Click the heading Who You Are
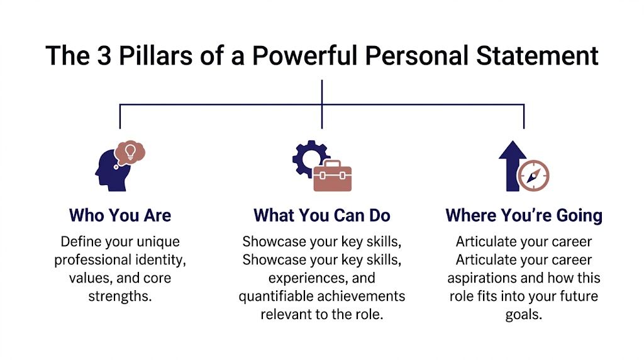pyautogui.click(x=119, y=215)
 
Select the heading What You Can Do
pyautogui.click(x=321, y=215)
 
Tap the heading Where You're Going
pyautogui.click(x=523, y=215)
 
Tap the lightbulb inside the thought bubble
pyautogui.click(x=131, y=151)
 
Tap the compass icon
pyautogui.click(x=534, y=176)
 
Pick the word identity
pyautogui.click(x=164, y=259)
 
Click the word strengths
pyautogui.click(x=120, y=296)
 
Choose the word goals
pyautogui.click(x=523, y=315)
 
